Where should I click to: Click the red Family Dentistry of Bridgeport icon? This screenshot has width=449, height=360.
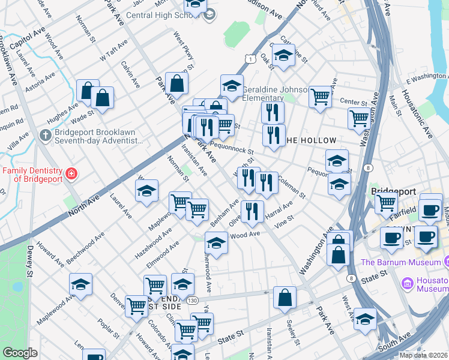coord(71,174)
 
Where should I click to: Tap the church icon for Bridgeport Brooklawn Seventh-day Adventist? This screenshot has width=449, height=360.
coord(45,135)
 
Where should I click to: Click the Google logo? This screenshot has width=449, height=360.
coord(20,353)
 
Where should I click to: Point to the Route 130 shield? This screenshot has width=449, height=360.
coord(191,300)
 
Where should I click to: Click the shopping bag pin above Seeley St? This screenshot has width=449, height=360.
coord(285,298)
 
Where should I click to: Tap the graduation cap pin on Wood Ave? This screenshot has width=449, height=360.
coord(215,244)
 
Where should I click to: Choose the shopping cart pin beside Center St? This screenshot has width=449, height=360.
coord(320,95)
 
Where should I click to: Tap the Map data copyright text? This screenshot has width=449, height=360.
coord(424,355)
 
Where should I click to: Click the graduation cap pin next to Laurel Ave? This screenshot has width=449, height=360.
coord(146,191)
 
